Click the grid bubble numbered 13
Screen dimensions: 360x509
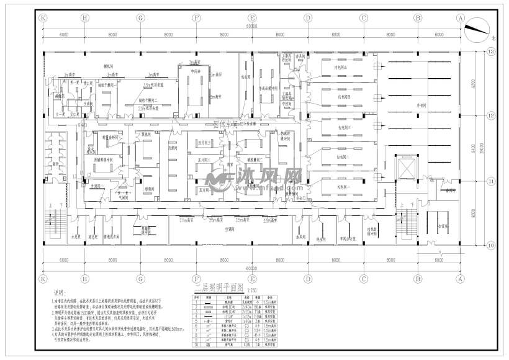(x=490, y=53)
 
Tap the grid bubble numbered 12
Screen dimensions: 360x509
(x=490, y=116)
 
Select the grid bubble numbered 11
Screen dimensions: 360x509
(x=490, y=181)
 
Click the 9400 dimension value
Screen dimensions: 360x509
(x=474, y=149)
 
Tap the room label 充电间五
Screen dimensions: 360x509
(x=343, y=66)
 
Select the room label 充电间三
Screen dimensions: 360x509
(x=343, y=127)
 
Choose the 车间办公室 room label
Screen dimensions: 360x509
(x=364, y=238)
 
